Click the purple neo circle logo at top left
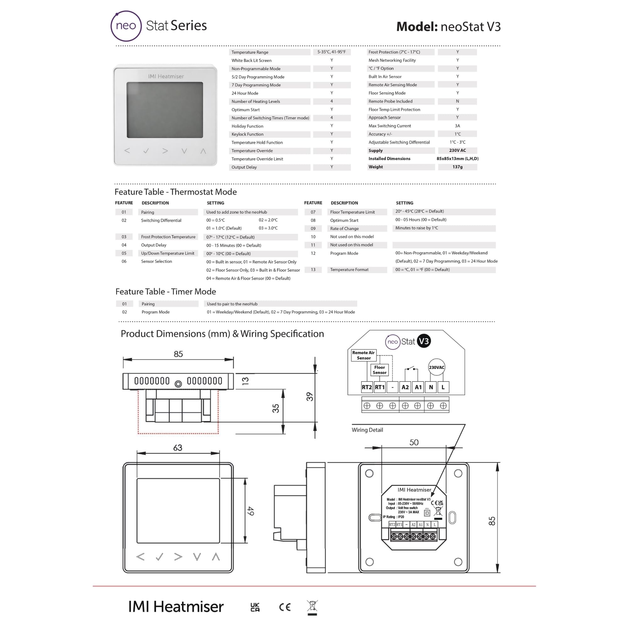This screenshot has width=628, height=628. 126,26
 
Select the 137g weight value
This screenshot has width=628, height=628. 457,167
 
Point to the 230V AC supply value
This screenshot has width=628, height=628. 457,150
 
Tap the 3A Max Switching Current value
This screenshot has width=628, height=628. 457,126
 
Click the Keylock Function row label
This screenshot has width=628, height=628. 247,134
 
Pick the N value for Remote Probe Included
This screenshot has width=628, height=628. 457,101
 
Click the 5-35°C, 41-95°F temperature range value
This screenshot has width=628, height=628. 332,52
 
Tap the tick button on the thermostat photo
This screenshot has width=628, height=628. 146,151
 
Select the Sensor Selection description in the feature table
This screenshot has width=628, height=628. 156,261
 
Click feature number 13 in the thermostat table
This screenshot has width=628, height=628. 313,269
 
